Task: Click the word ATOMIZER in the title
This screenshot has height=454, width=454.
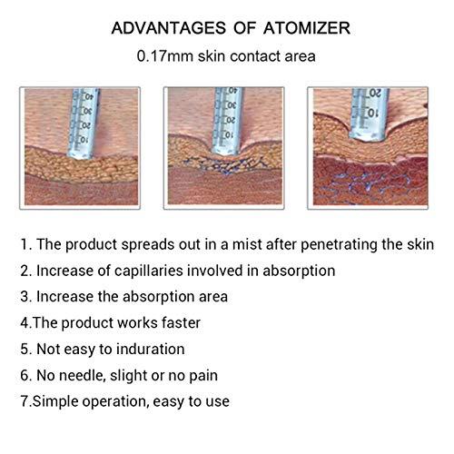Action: [307, 28]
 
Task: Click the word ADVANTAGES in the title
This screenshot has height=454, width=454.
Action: [169, 28]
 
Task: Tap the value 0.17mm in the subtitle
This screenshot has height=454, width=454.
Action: [164, 56]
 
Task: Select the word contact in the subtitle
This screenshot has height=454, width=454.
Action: [255, 56]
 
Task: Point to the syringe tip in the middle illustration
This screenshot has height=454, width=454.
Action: [225, 152]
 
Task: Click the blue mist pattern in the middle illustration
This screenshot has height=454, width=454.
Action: [224, 165]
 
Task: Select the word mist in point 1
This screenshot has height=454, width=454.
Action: [246, 244]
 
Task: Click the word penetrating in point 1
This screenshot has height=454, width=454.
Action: [339, 245]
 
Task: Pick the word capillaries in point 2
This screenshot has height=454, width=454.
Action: [149, 271]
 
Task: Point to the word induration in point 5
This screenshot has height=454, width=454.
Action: [151, 349]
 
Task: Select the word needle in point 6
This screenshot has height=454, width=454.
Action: [83, 376]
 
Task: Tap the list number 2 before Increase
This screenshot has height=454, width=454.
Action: [25, 271]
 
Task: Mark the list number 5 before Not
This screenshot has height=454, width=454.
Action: [25, 350]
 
